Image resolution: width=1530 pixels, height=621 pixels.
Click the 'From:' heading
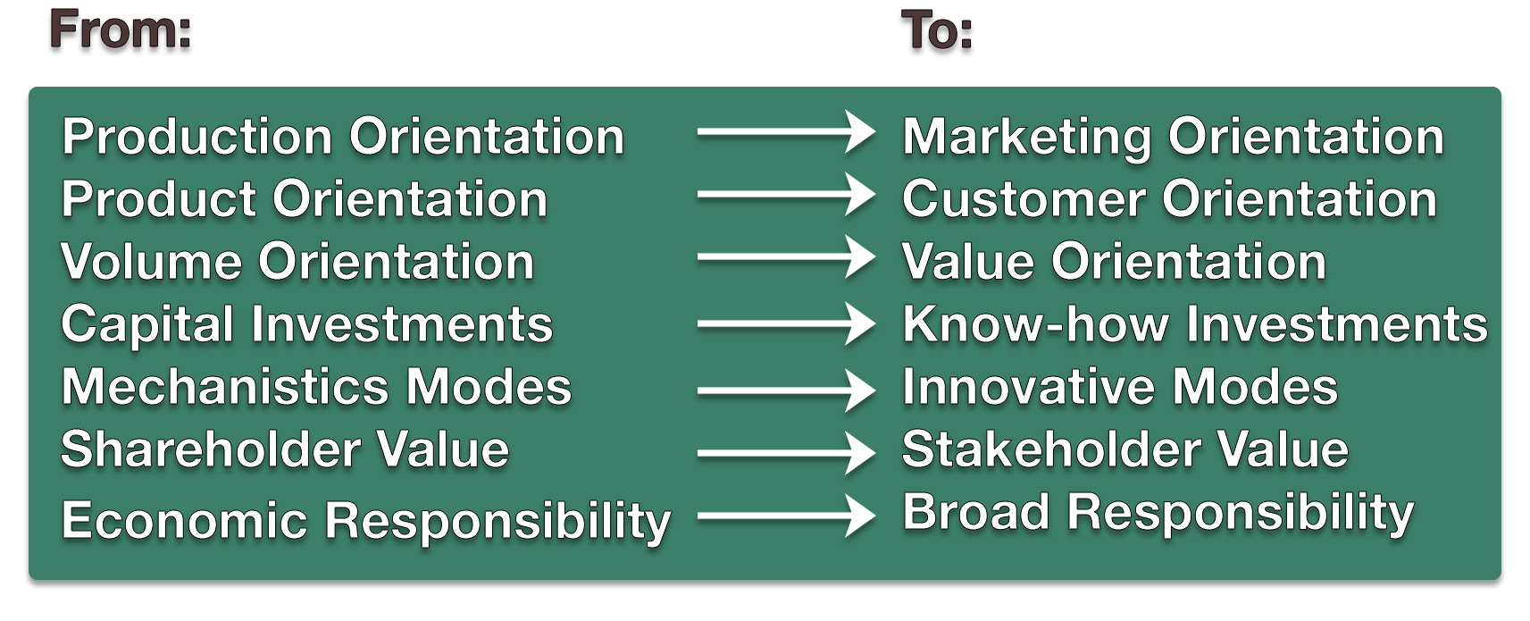pos(121,30)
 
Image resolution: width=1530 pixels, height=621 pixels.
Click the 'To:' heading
pos(936,30)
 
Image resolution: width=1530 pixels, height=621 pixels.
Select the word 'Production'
pos(197,137)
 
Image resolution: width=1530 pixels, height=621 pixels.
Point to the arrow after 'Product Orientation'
pos(785,195)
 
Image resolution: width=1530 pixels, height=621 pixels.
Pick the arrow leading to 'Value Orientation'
pos(785,257)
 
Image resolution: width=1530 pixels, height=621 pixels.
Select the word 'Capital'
pos(147,325)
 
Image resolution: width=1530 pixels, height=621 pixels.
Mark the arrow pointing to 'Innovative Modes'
pos(785,390)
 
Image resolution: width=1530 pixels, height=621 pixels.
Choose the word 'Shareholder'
pos(211,450)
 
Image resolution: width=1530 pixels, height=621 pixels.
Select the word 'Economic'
pos(185,521)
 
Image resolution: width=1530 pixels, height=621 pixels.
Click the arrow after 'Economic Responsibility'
pos(785,516)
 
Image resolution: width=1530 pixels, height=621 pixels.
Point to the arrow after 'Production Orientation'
pos(785,132)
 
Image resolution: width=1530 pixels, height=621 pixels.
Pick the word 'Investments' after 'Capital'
pos(402,324)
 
